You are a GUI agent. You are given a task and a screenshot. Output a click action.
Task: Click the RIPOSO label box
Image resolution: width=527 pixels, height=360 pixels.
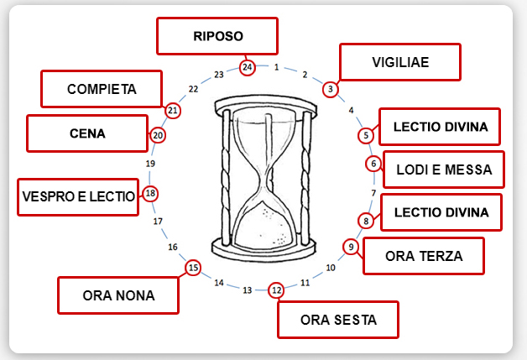click(x=217, y=37)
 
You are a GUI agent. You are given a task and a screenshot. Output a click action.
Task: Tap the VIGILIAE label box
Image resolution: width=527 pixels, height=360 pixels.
click(x=400, y=62)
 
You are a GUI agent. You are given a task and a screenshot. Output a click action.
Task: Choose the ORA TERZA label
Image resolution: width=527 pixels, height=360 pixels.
click(x=424, y=256)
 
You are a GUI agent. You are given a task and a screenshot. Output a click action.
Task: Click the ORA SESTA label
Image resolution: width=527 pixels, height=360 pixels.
click(x=338, y=319)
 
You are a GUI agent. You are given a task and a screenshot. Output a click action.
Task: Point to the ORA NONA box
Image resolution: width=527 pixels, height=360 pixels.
click(x=118, y=295)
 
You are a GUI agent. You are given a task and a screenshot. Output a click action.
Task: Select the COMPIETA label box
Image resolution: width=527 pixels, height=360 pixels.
click(x=102, y=89)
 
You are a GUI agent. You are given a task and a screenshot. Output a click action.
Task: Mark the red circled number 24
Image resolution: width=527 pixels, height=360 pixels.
click(x=247, y=66)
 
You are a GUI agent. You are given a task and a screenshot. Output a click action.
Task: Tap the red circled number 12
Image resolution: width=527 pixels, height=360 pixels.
click(x=276, y=290)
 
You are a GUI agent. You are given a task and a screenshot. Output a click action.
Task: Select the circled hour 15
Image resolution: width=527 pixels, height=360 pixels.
click(x=193, y=268)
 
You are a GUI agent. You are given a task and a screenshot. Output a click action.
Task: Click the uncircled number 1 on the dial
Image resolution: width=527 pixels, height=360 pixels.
click(x=276, y=67)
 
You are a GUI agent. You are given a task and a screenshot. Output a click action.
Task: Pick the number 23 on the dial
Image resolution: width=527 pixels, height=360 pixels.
click(x=219, y=75)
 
